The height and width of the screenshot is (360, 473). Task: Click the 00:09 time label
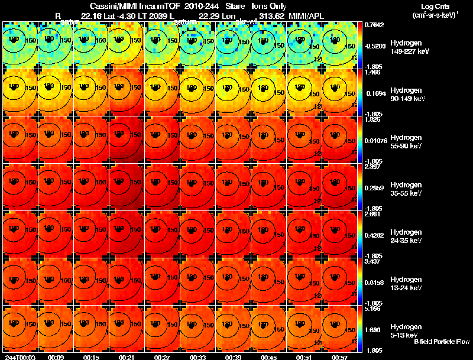tap(56, 357)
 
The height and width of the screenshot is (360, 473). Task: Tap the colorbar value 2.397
tap(372, 167)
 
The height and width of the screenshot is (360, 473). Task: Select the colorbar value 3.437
tap(372, 261)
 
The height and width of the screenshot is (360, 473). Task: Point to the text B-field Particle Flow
tap(442, 342)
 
